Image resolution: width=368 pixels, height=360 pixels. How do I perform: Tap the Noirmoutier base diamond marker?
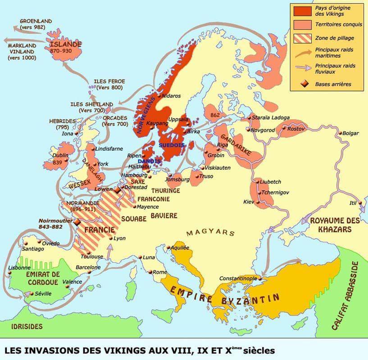(x=77, y=222)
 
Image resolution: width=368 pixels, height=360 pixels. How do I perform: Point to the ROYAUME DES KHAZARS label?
(x=335, y=224)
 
